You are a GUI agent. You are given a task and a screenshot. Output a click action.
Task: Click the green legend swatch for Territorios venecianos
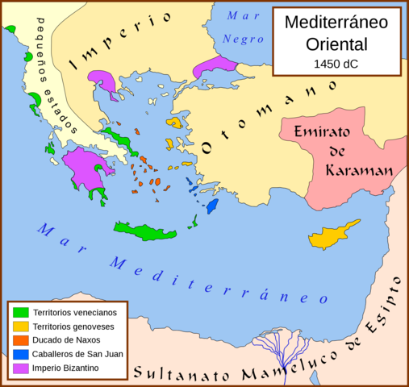(x=20, y=312)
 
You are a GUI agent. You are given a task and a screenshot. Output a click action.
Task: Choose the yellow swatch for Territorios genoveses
(x=20, y=327)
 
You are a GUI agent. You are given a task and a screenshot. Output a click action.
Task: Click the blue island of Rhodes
(x=213, y=206)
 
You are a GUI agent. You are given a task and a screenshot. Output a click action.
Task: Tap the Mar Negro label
(x=244, y=27)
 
